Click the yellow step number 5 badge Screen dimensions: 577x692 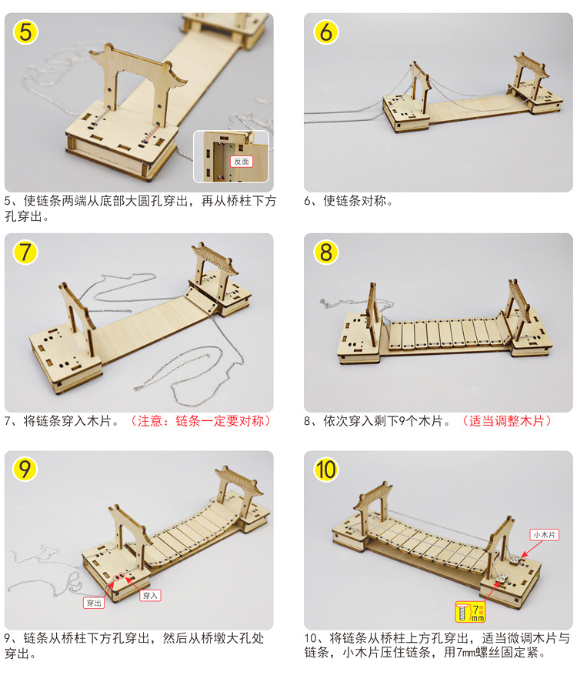(x=25, y=32)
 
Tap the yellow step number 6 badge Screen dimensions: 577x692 (x=326, y=32)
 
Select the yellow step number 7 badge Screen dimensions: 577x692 (x=25, y=252)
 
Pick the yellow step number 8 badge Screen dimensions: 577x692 (x=326, y=252)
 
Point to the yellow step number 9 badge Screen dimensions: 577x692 (x=25, y=469)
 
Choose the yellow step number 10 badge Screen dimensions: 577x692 (x=326, y=469)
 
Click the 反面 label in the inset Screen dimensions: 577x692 (x=242, y=162)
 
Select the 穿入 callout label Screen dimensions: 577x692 (x=150, y=595)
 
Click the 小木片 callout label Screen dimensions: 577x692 (x=543, y=534)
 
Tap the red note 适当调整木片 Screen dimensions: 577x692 (x=506, y=421)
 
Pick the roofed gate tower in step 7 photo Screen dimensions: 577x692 (x=209, y=269)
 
